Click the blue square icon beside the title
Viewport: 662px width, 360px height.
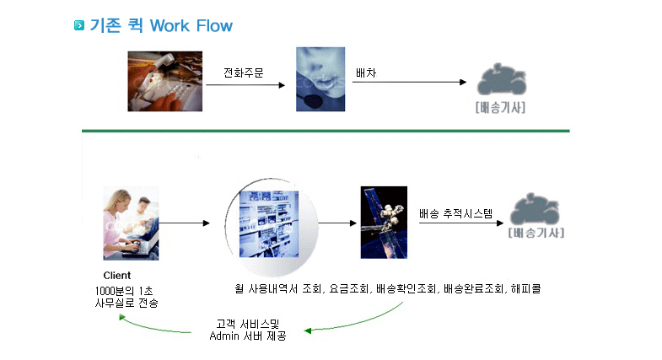click(79, 25)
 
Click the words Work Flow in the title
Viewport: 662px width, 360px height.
click(191, 26)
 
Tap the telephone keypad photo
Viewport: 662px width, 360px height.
click(165, 82)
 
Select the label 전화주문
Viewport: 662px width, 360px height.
click(244, 73)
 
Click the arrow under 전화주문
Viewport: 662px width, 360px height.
click(245, 85)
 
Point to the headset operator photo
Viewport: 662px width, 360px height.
click(320, 79)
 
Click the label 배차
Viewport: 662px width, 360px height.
click(366, 73)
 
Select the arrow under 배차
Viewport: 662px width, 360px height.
click(410, 82)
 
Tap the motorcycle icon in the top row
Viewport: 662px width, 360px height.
click(502, 79)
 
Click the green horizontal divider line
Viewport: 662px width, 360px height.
click(326, 131)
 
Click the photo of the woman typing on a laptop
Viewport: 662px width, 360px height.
click(131, 223)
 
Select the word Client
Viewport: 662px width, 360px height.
click(117, 276)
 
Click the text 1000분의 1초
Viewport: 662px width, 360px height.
click(124, 291)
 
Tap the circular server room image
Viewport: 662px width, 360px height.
click(272, 227)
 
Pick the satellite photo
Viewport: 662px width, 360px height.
click(384, 223)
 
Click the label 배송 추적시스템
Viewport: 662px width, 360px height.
click(455, 213)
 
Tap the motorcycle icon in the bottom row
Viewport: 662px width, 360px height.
click(535, 209)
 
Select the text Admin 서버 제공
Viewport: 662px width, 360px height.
click(248, 336)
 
